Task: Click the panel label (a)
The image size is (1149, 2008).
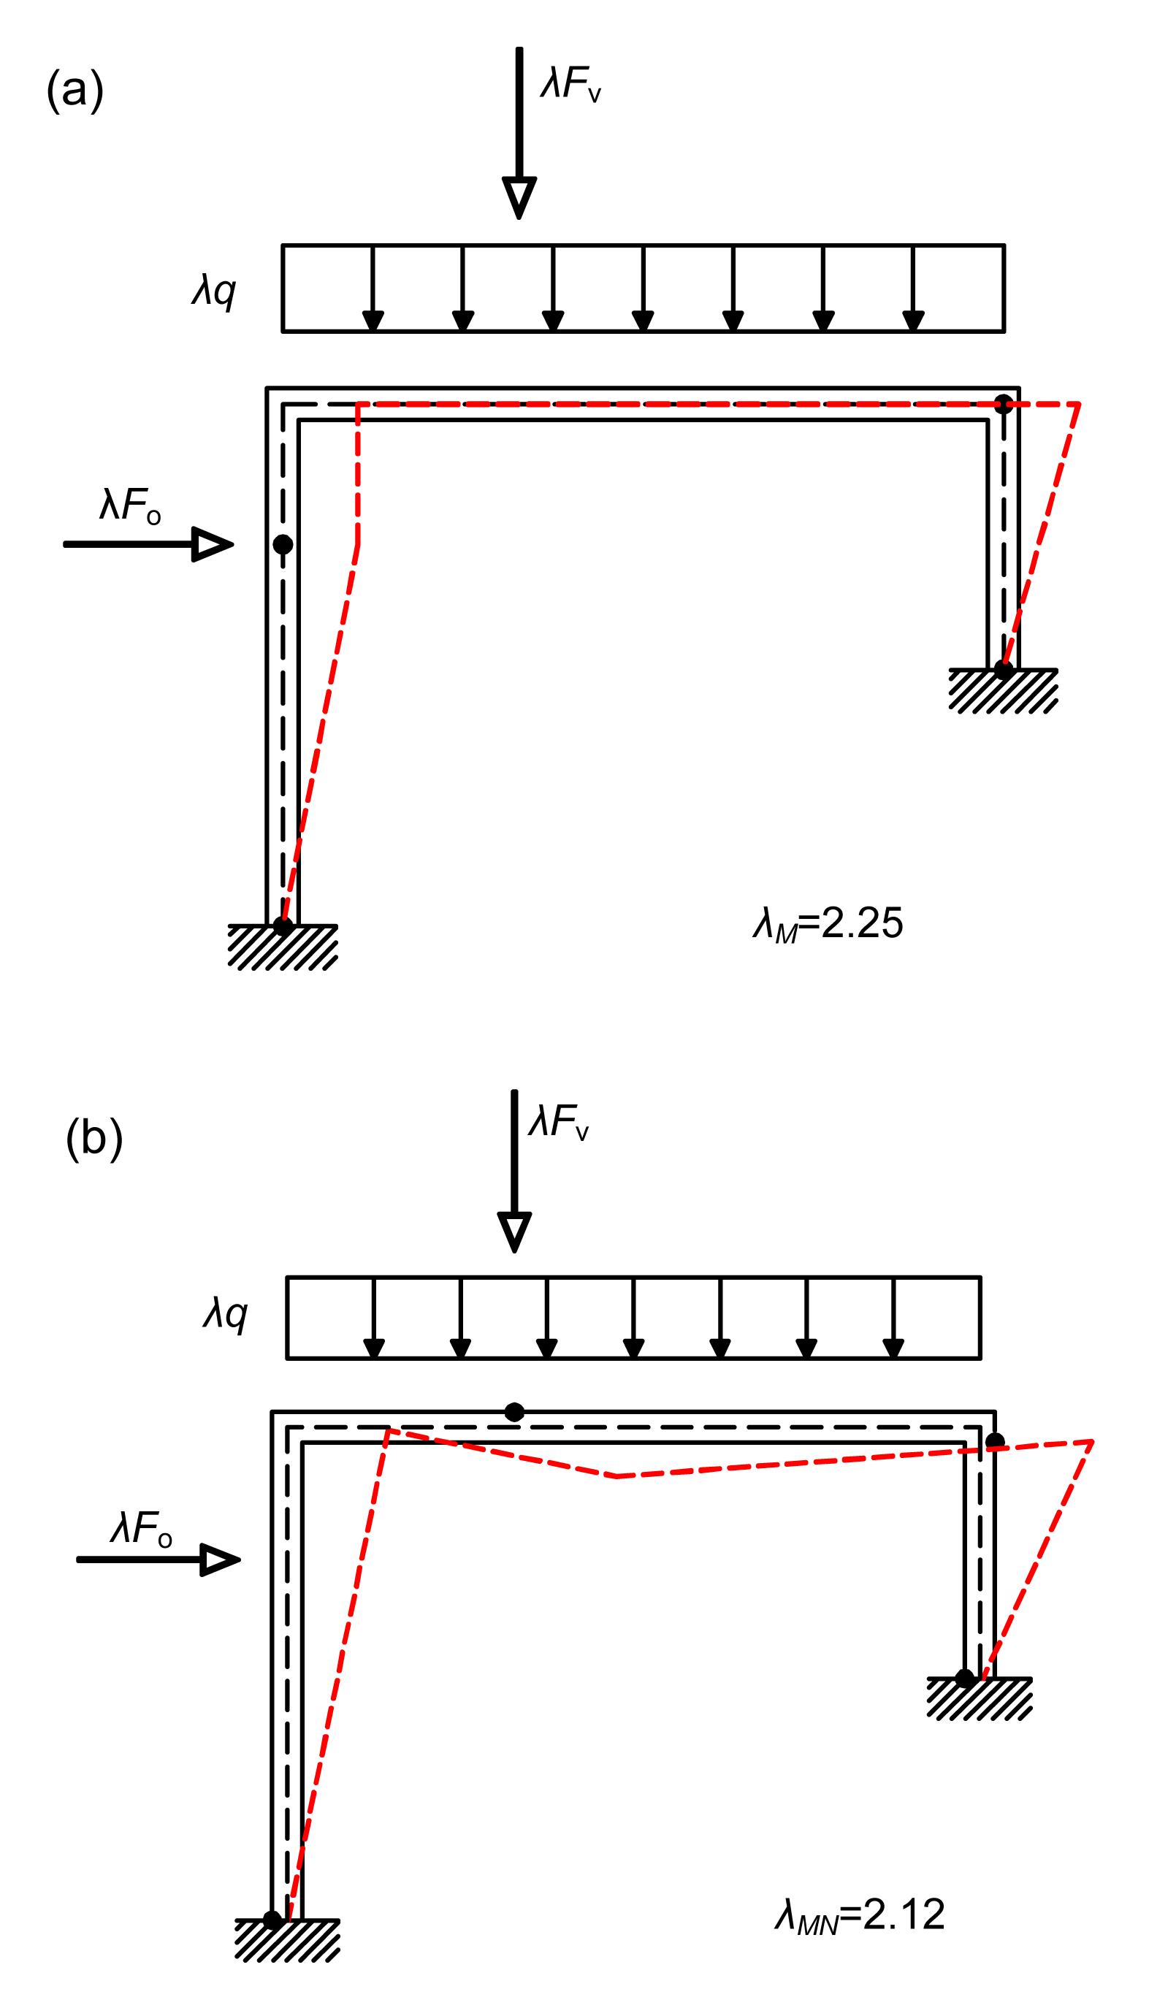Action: point(75,91)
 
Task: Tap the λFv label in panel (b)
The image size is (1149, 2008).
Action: point(559,1122)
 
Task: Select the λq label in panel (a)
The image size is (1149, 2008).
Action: point(214,292)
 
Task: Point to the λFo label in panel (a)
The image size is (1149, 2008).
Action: point(130,505)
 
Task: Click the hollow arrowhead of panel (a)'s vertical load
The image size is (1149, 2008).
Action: point(519,196)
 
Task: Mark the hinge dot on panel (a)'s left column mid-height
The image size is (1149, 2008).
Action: point(283,544)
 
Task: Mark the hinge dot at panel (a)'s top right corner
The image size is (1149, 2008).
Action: point(1003,405)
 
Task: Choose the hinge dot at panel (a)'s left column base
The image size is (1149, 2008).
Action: point(283,925)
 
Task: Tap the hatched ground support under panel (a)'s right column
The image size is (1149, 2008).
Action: point(1003,690)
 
